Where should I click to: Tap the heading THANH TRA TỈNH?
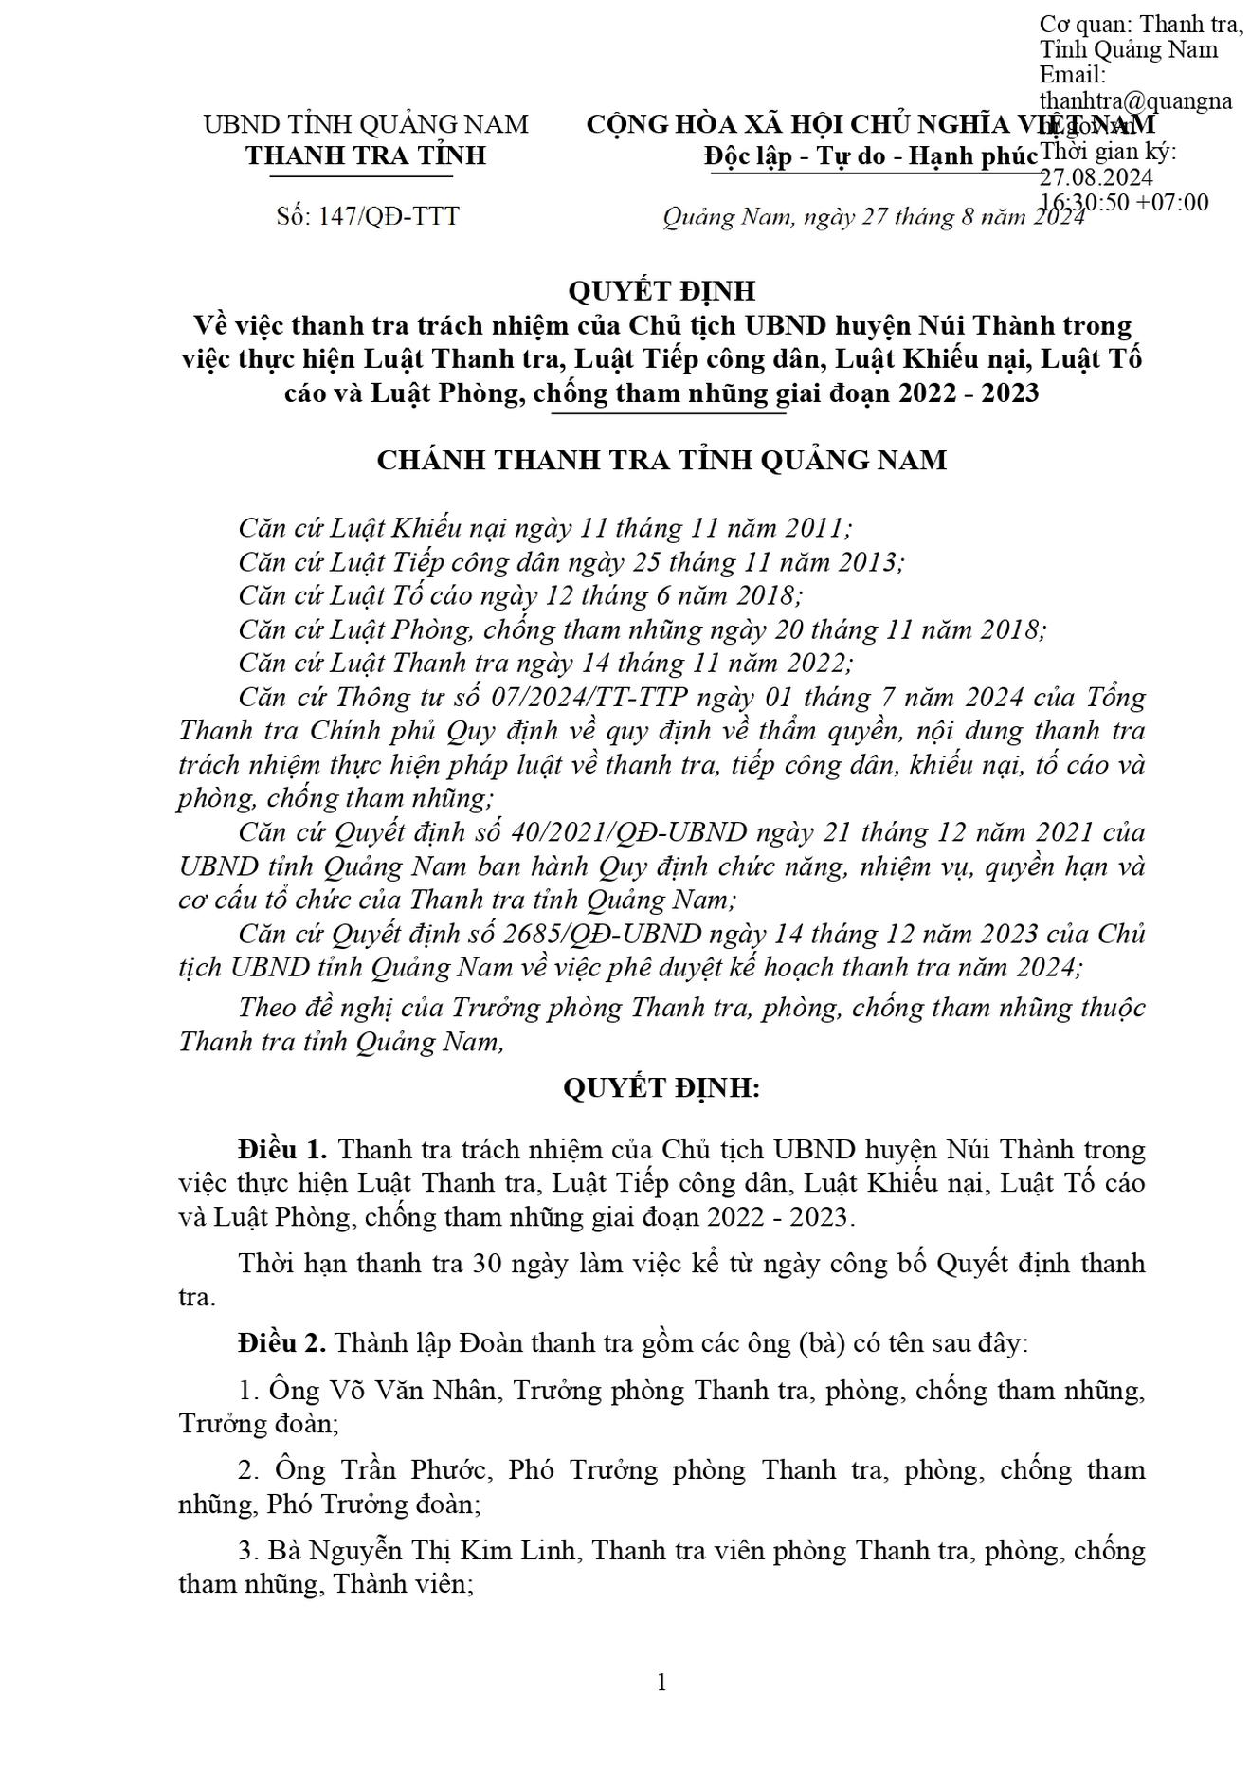(366, 155)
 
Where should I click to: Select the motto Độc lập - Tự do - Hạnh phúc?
(871, 156)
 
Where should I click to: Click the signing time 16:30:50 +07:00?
(1124, 202)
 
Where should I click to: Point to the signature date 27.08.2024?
(1096, 177)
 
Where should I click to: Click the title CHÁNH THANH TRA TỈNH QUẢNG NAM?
(661, 461)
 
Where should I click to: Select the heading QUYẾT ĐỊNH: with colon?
(661, 1088)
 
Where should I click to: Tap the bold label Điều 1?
(282, 1150)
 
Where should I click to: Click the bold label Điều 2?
(282, 1343)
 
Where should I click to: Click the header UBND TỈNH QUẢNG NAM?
(366, 124)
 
